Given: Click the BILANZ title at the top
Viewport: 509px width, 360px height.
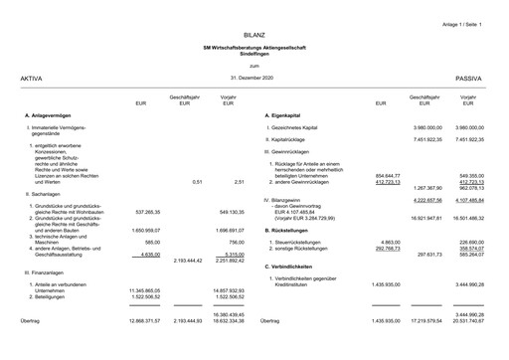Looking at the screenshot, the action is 254,35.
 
